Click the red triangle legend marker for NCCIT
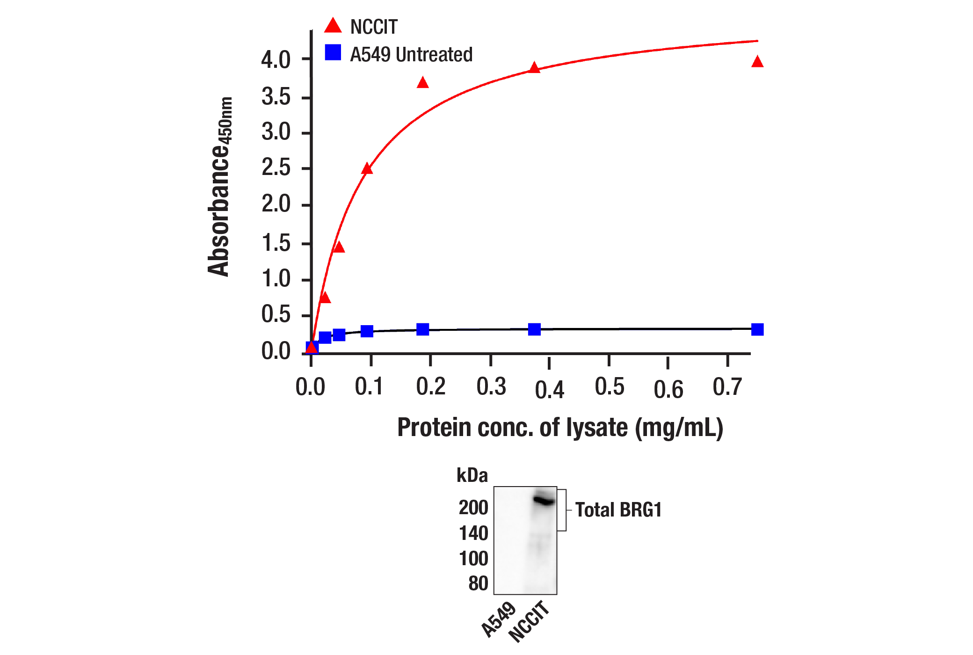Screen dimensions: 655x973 [x=333, y=26]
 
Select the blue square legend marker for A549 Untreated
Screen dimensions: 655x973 [x=333, y=52]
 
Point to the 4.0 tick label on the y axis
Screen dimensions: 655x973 [x=276, y=60]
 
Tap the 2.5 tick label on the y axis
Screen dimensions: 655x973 [x=276, y=168]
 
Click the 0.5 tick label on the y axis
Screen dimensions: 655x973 [x=276, y=314]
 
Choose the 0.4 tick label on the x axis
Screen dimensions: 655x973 [x=549, y=390]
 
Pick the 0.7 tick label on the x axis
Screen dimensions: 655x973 [x=727, y=387]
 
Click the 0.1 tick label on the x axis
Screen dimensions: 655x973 [x=369, y=387]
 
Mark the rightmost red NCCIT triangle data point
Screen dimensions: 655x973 [x=757, y=62]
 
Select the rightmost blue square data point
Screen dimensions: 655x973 [x=757, y=329]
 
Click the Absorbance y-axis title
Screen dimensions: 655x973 [x=219, y=187]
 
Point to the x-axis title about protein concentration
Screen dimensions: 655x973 [x=560, y=428]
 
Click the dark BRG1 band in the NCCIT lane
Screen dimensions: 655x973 [x=544, y=501]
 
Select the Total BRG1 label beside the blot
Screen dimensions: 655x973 [x=618, y=510]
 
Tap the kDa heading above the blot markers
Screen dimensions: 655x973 [x=472, y=475]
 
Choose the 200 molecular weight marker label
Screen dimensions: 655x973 [x=473, y=508]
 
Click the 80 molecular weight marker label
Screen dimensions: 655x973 [x=478, y=583]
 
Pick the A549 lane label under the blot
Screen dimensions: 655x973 [x=499, y=619]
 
